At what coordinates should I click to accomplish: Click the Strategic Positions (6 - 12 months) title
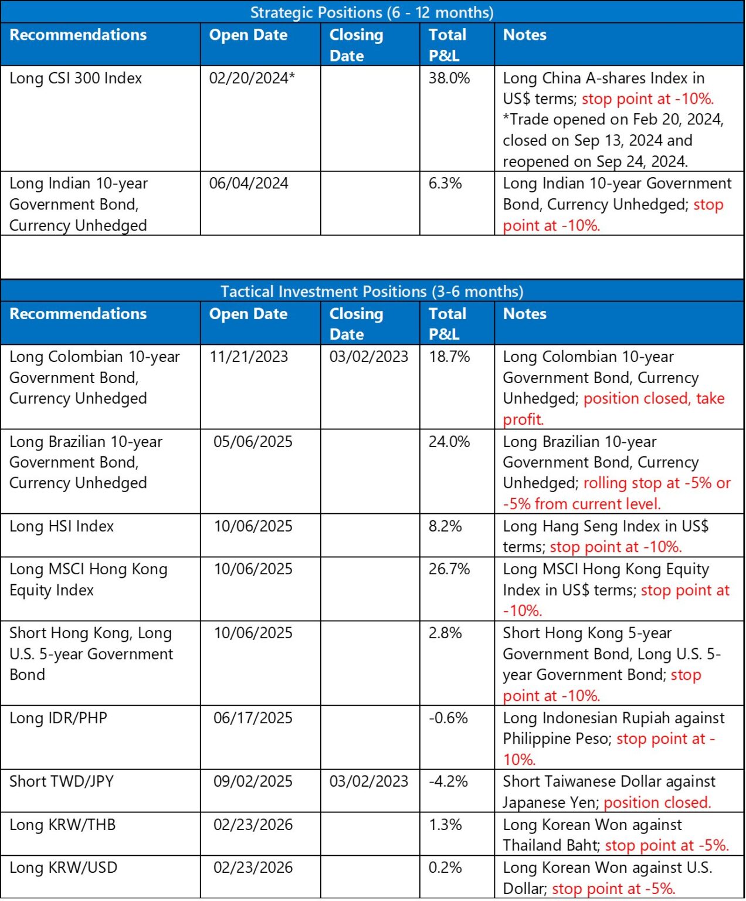pyautogui.click(x=372, y=12)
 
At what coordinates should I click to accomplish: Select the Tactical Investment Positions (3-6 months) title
pyautogui.click(x=372, y=292)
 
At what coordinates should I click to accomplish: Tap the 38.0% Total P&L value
pyautogui.click(x=449, y=78)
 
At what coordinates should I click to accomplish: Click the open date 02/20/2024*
pyautogui.click(x=252, y=78)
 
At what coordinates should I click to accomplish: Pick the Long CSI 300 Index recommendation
pyautogui.click(x=76, y=78)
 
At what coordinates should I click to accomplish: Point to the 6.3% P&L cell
pyautogui.click(x=445, y=184)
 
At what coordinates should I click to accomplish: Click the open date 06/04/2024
pyautogui.click(x=249, y=184)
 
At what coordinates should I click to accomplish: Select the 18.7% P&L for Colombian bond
pyautogui.click(x=449, y=357)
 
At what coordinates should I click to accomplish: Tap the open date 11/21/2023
pyautogui.click(x=249, y=357)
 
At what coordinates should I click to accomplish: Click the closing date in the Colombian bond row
pyautogui.click(x=368, y=357)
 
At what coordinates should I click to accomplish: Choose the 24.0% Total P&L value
pyautogui.click(x=449, y=442)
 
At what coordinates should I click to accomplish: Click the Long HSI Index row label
pyautogui.click(x=62, y=526)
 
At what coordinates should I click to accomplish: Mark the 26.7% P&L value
pyautogui.click(x=449, y=569)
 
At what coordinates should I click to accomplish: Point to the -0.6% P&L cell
pyautogui.click(x=447, y=718)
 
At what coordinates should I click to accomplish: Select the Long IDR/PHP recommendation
pyautogui.click(x=58, y=718)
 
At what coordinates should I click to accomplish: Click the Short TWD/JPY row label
pyautogui.click(x=62, y=781)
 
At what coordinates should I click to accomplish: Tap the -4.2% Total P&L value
pyautogui.click(x=447, y=781)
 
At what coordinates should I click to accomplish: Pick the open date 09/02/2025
pyautogui.click(x=253, y=781)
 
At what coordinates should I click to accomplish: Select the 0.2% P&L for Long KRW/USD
pyautogui.click(x=445, y=868)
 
